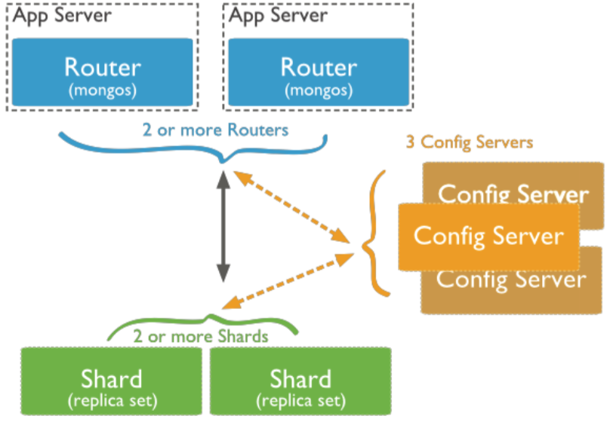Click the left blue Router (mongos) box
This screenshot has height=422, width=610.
tap(103, 72)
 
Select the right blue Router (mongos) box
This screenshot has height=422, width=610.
tap(319, 72)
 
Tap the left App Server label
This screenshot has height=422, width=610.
tap(62, 16)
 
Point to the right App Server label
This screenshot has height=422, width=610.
tap(278, 16)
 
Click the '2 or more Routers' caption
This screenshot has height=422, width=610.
tap(215, 130)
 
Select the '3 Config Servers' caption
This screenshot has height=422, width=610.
tap(470, 142)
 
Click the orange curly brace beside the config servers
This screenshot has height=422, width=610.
tap(374, 233)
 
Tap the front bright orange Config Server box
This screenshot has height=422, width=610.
tap(488, 237)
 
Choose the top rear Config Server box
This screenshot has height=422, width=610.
tap(513, 183)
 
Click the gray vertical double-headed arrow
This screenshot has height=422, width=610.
tap(223, 227)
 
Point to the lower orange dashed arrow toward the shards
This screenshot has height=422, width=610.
tap(288, 281)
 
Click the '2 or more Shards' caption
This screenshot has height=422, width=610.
tap(201, 336)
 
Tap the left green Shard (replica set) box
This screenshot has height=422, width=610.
tap(111, 381)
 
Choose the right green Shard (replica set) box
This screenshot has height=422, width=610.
tap(300, 381)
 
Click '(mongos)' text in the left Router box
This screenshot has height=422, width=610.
tap(103, 90)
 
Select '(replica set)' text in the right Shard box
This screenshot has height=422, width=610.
tap(300, 401)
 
